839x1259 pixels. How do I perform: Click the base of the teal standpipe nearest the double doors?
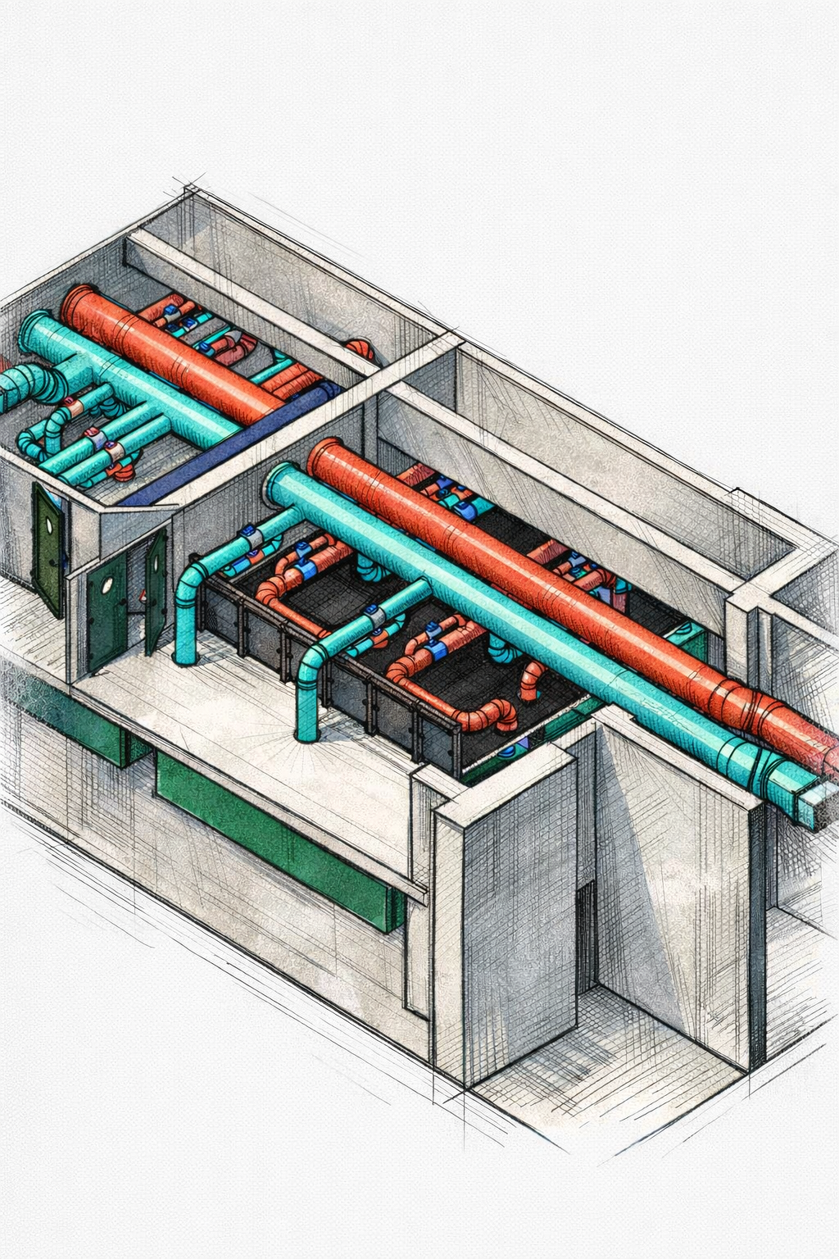click(185, 656)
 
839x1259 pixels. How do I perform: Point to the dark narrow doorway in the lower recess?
click(585, 934)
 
